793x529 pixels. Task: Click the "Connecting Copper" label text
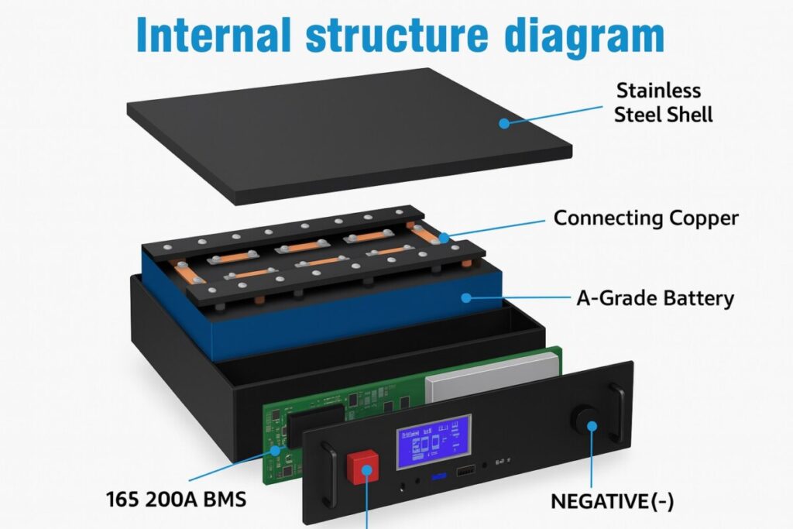coord(646,218)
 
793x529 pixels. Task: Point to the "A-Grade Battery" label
coord(654,298)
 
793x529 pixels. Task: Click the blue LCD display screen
coord(433,442)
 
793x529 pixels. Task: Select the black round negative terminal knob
coord(588,421)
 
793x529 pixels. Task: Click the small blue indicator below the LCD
coord(434,476)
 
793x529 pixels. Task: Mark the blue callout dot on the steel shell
coord(504,122)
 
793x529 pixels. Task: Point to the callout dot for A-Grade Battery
coord(465,297)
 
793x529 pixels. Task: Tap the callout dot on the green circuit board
coord(273,449)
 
